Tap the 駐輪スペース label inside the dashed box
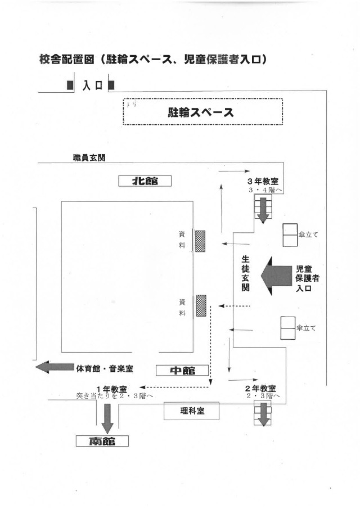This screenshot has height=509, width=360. pos(201,111)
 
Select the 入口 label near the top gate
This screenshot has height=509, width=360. pos(91,85)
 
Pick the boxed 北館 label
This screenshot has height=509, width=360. pos(145,181)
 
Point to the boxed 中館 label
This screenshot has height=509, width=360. pos(182,370)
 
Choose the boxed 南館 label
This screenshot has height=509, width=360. pos(102,441)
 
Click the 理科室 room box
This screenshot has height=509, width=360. pos(192,411)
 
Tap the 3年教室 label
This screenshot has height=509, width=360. pos(263,182)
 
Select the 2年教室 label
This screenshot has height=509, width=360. pos(260,389)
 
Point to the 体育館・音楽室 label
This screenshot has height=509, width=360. pos(107,368)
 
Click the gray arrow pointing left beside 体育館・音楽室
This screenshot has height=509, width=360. pos(54,367)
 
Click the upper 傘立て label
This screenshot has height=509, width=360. pos(308,235)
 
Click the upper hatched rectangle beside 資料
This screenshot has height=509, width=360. pos(200,241)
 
